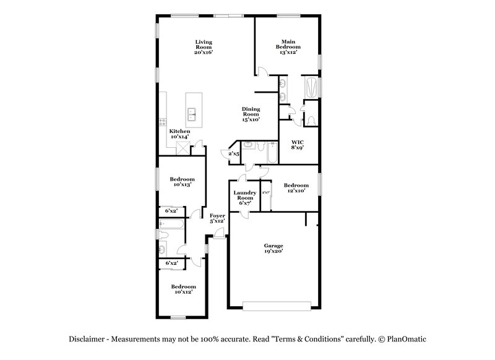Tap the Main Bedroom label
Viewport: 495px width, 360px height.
[x=288, y=47]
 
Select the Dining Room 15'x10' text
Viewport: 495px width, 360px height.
[x=251, y=114]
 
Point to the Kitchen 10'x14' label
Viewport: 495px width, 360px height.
[x=180, y=134]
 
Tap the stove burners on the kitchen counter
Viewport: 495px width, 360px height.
[x=162, y=122]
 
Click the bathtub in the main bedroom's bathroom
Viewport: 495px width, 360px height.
[x=311, y=87]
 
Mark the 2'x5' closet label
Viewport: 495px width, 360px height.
[x=234, y=153]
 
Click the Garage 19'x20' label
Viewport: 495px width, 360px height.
[x=273, y=249]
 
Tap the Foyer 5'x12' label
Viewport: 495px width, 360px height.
[x=217, y=218]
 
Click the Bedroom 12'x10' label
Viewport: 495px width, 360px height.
[x=296, y=188]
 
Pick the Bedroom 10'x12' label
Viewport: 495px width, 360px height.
[x=183, y=289]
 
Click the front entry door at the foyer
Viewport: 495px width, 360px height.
[x=218, y=234]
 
